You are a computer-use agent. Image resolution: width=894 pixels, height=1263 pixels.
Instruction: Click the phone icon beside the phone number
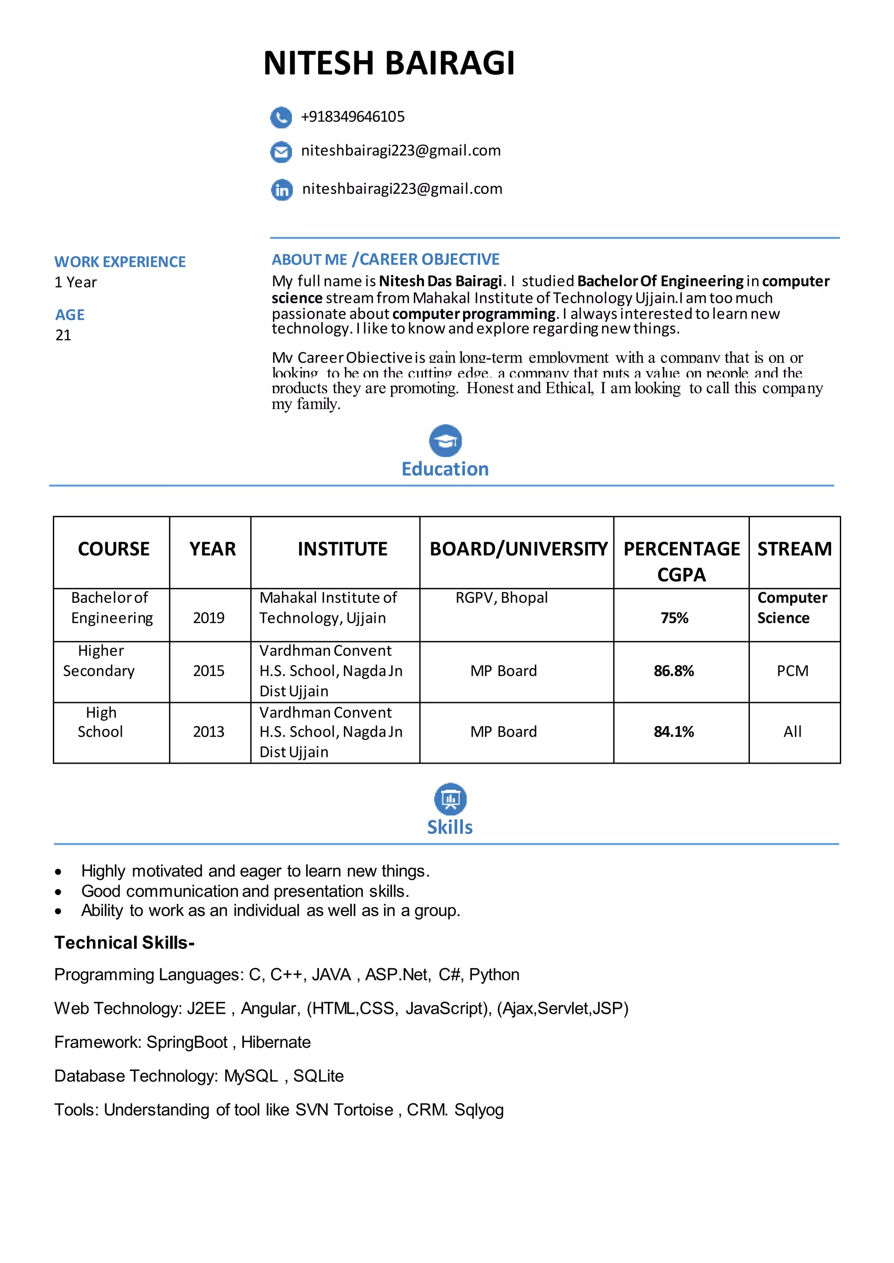tap(281, 117)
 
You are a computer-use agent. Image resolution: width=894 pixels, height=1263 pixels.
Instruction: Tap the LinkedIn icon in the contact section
tap(282, 190)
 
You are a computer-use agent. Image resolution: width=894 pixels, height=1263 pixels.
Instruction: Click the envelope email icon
tap(281, 152)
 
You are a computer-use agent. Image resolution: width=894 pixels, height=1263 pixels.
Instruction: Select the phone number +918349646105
tap(352, 117)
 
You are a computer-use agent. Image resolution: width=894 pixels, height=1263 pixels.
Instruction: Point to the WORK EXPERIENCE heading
tap(120, 261)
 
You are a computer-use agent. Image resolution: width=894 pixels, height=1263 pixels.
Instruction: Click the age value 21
tap(63, 335)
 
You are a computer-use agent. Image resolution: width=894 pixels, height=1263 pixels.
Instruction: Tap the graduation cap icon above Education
tap(445, 440)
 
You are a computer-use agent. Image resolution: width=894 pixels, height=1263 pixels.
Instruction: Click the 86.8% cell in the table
tap(674, 671)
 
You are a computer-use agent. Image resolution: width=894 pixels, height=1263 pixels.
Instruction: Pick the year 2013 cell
tap(209, 731)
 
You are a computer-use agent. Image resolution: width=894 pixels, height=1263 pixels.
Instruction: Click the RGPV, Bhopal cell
tap(502, 597)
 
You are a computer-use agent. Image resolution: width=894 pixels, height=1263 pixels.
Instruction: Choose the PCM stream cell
tap(792, 671)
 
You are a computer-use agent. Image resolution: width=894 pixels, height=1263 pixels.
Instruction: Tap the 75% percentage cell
tap(674, 618)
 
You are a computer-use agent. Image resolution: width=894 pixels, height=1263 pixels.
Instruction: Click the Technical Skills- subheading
tap(124, 943)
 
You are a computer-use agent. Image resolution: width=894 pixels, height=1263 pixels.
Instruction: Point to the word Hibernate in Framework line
tap(276, 1042)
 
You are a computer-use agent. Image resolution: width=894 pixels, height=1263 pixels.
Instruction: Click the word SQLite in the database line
tap(318, 1075)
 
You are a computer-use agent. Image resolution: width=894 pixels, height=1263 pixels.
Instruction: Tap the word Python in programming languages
tap(494, 975)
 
